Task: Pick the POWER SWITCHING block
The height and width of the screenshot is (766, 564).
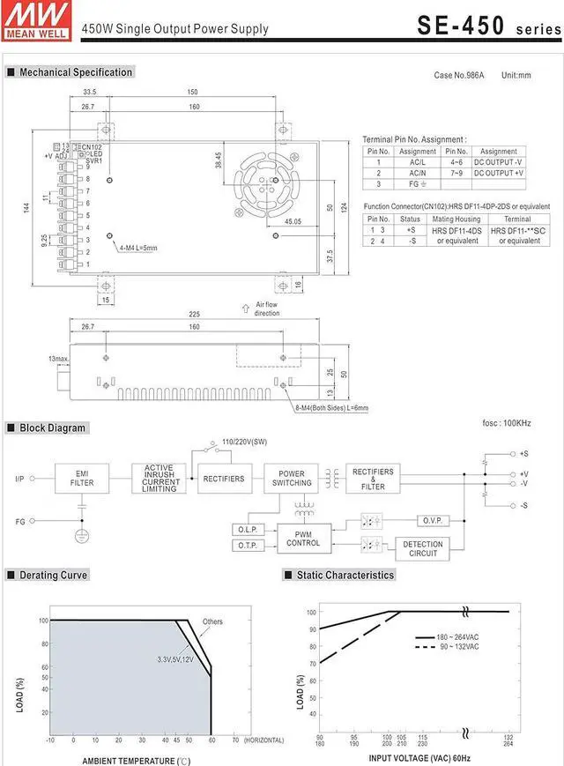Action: pos(292,479)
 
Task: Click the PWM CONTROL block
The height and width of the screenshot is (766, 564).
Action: pos(303,538)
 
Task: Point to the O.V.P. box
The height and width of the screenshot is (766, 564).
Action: pos(430,521)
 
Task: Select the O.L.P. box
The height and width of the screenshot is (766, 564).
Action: pos(246,530)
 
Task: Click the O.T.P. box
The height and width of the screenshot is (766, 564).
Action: pos(246,547)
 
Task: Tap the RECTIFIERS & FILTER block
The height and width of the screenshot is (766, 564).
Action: pos(373,479)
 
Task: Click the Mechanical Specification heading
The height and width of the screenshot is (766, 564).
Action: pos(76,72)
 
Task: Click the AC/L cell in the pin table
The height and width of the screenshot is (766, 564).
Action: pos(418,162)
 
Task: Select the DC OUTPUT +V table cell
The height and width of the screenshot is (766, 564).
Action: pos(499,173)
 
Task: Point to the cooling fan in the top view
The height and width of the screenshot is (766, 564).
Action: pos(274,180)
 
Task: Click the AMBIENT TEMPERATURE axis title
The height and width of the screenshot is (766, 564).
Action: pos(136,760)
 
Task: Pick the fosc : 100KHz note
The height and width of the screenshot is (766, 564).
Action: pos(506,424)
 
